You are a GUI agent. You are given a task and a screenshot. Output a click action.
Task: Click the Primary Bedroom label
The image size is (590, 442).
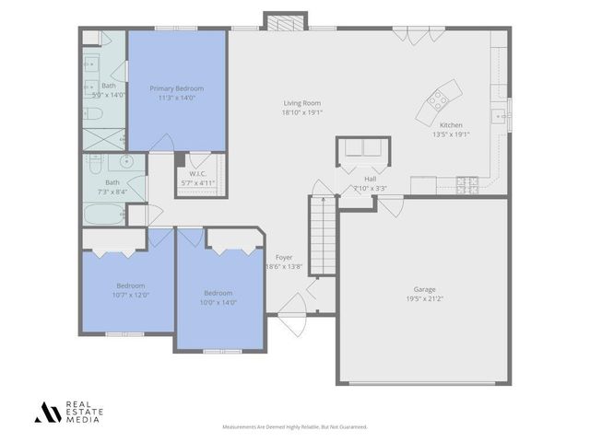(x=176, y=88)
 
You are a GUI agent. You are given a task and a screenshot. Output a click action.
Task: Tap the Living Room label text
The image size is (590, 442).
(x=301, y=103)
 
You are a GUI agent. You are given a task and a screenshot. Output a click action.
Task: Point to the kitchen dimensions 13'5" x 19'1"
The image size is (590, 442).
(x=451, y=134)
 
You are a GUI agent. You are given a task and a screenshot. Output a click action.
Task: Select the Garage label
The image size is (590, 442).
(x=424, y=289)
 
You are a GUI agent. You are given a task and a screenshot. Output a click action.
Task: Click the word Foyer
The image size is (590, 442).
(x=284, y=257)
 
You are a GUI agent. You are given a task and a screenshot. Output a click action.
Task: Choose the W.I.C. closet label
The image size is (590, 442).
(x=197, y=173)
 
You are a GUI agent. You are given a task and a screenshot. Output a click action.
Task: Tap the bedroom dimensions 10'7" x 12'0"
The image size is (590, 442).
(x=130, y=295)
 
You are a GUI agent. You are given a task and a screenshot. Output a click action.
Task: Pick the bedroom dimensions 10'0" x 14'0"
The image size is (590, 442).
(x=219, y=302)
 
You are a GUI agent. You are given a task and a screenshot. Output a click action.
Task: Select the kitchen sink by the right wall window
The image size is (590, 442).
(x=498, y=116)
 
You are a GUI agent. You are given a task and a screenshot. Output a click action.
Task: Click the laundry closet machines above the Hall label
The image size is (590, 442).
(x=362, y=150)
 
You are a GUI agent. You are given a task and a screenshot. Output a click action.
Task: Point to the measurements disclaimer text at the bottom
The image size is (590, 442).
(x=295, y=427)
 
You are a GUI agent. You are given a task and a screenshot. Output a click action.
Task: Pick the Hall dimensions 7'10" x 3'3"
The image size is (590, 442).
(x=370, y=188)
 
